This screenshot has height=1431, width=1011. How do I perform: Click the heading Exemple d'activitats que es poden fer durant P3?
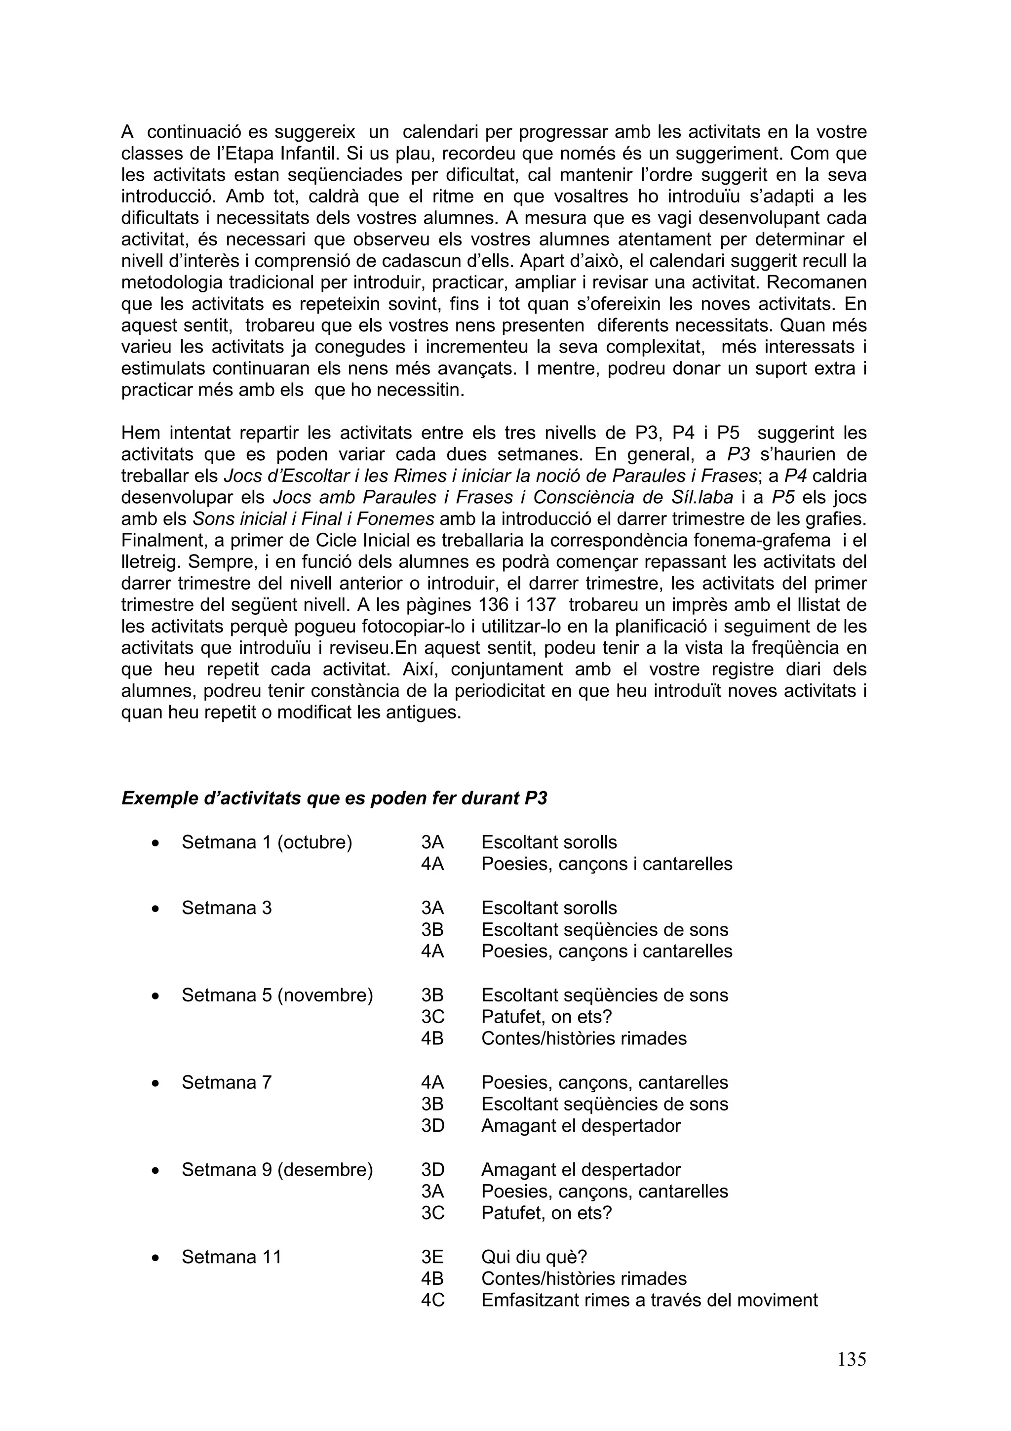pos(334,798)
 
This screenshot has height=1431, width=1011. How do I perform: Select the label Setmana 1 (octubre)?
pos(267,842)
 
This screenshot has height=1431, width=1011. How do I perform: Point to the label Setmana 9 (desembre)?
pos(277,1169)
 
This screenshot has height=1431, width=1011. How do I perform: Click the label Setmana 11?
pos(231,1257)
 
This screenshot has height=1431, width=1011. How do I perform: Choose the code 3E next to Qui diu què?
pos(432,1257)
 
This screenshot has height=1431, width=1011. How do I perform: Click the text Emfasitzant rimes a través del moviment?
pos(649,1300)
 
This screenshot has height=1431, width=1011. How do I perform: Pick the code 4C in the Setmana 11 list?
pos(432,1300)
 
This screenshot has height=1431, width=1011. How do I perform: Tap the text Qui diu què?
pos(534,1257)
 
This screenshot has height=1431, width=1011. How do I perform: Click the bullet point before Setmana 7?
pos(155,1084)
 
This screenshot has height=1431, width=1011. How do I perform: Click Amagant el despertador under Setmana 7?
pos(581,1126)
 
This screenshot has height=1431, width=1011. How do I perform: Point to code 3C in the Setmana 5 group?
pos(432,1017)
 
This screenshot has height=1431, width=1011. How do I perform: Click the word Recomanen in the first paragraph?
pos(816,282)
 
